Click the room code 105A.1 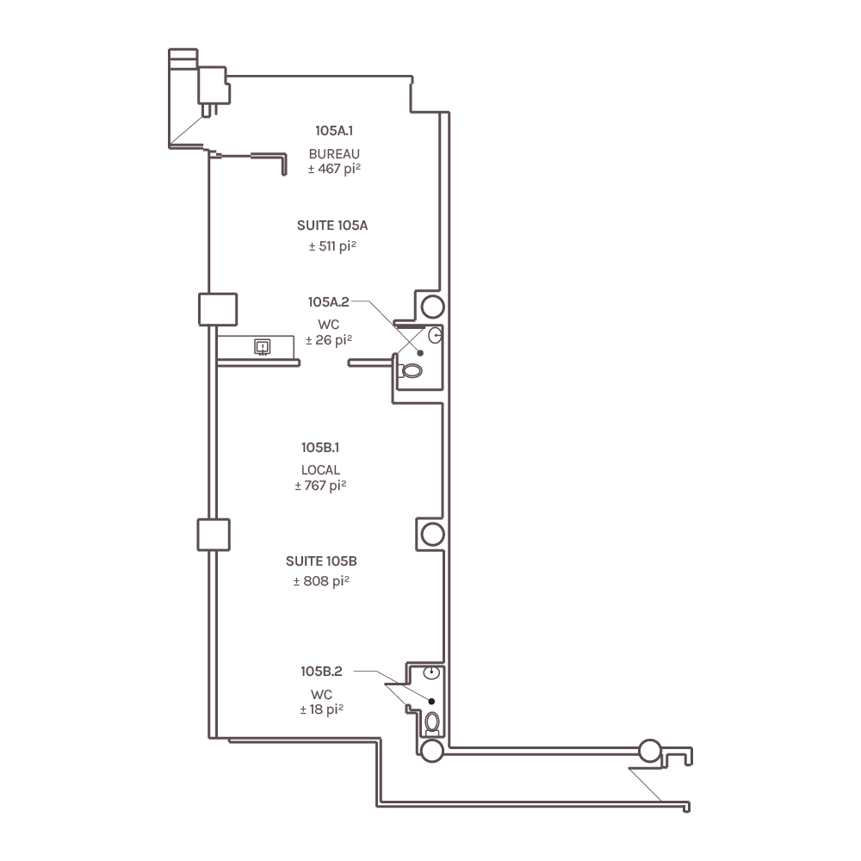coord(334,131)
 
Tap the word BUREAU coord(334,154)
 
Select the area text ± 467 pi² coord(334,169)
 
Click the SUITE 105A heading coord(332,225)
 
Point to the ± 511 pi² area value coord(332,246)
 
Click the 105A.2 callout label coord(328,302)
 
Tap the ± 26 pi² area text coord(328,340)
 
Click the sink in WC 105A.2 coord(435,335)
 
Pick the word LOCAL coord(320,470)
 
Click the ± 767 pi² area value coord(320,486)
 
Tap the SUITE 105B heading coord(321,561)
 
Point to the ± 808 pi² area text coord(321,581)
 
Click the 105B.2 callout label coord(321,671)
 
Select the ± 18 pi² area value coord(321,709)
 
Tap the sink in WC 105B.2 coord(431,672)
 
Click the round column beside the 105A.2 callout coord(433,307)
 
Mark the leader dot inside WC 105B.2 coord(431,701)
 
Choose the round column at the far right coord(650,751)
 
